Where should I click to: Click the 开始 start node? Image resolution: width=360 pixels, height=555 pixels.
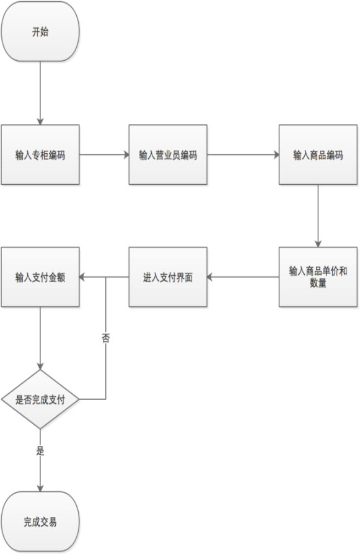point(40,32)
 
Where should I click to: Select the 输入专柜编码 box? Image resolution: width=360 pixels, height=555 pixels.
point(40,154)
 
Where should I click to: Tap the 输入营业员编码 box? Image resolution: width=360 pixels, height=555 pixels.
point(168,154)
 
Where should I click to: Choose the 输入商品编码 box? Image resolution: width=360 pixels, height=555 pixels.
point(318,154)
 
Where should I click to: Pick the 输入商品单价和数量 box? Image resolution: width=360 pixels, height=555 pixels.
point(318,277)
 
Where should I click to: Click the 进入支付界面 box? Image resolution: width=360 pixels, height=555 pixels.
point(168,277)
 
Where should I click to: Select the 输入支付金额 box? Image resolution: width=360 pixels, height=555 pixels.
point(40,277)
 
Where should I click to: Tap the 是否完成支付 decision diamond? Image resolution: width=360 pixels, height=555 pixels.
point(40,399)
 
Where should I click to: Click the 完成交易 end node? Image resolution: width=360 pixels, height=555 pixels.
point(40,522)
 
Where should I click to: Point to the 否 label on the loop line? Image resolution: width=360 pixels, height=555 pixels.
point(106,338)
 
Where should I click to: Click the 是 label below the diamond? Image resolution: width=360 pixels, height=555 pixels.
point(40,451)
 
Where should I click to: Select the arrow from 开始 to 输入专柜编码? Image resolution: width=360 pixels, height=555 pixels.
point(40,93)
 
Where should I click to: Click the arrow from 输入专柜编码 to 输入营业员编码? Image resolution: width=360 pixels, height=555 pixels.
point(104,154)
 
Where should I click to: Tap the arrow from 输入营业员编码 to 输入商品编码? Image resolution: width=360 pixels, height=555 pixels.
point(244,154)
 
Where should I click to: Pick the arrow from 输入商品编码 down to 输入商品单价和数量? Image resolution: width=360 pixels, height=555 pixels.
point(318,216)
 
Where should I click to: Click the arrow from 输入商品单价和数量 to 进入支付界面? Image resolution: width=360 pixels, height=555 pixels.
point(243,277)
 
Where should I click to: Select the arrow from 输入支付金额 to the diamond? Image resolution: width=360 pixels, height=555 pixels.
point(40,339)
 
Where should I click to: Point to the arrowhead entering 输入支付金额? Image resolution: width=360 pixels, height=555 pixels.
point(82,277)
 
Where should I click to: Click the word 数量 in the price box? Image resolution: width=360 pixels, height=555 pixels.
point(318,283)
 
